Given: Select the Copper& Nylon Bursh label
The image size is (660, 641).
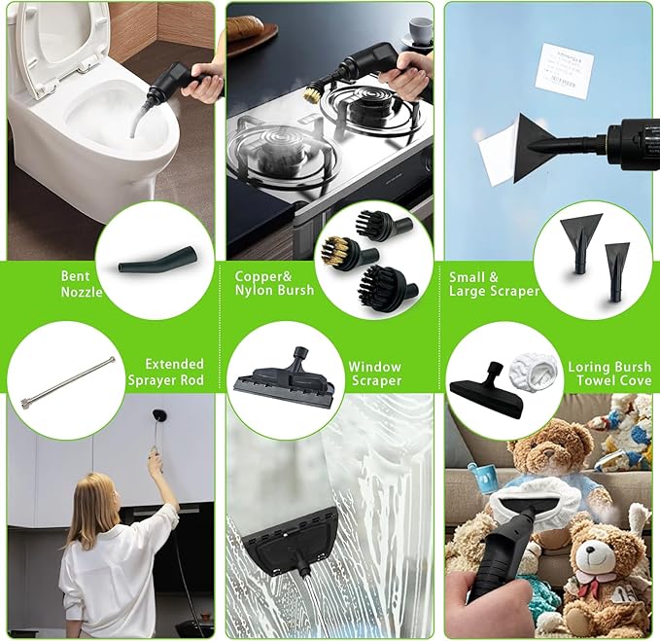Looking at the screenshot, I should (274, 283).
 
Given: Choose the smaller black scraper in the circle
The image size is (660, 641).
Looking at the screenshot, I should (616, 263).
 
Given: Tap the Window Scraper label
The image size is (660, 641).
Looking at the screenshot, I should (375, 374).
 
